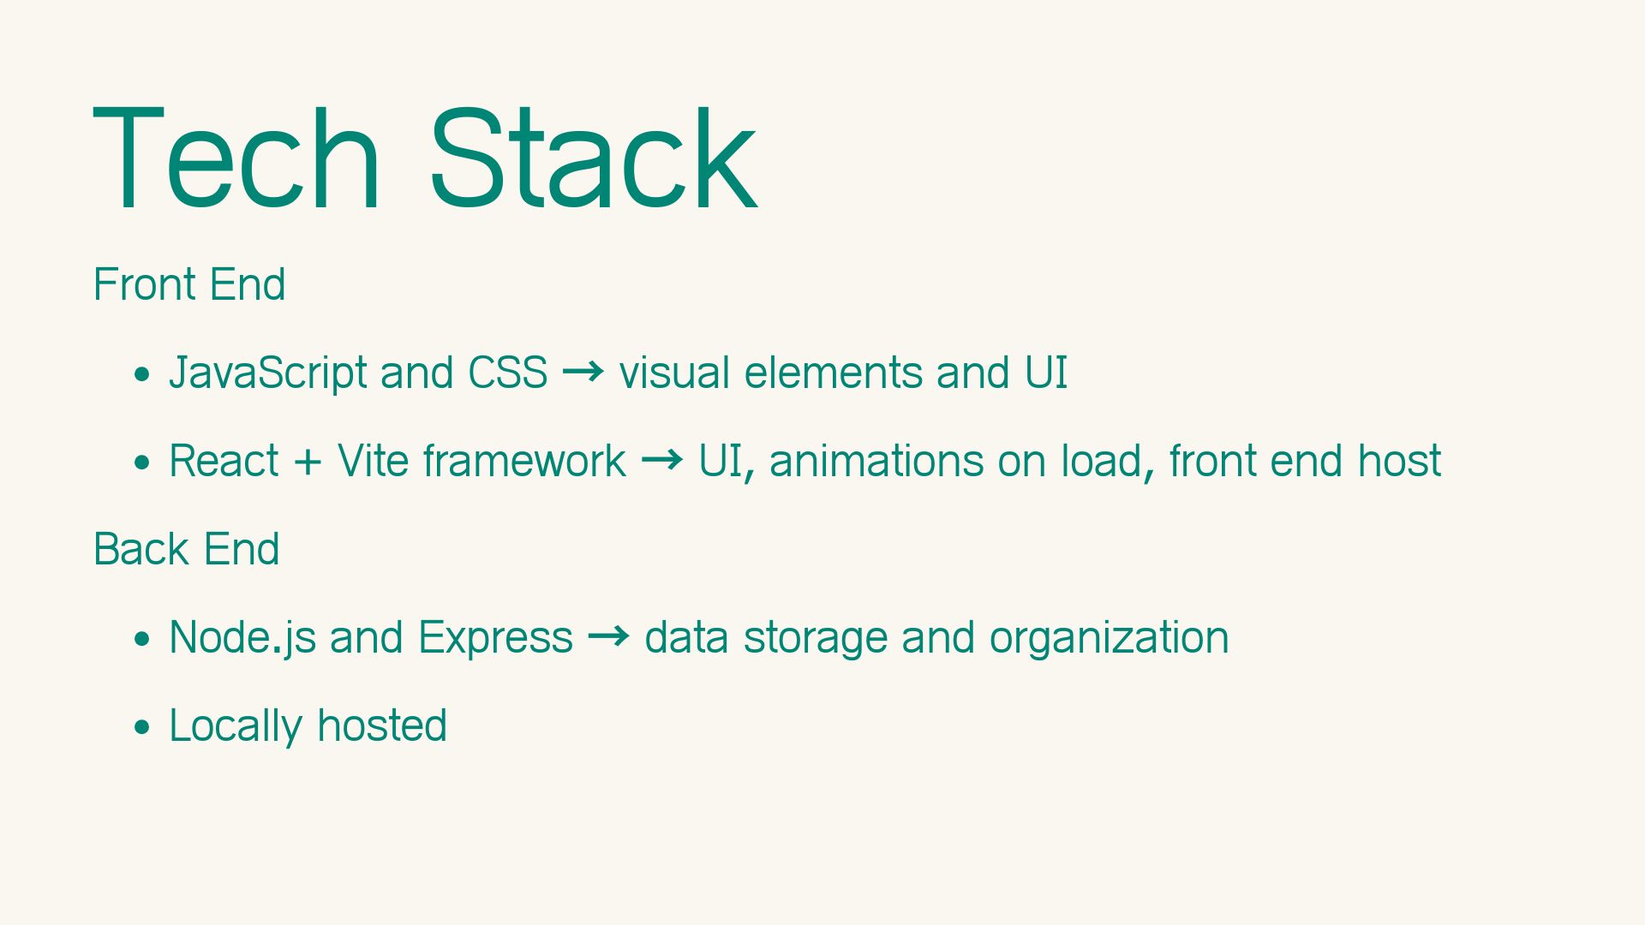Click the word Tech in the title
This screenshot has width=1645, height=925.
236,158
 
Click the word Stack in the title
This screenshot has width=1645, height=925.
593,158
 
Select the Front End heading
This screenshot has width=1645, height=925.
189,284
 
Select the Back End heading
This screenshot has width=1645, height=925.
187,549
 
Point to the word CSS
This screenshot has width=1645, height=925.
507,373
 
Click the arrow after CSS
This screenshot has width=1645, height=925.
583,372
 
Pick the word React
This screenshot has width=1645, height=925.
224,461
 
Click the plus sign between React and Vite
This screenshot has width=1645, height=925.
308,462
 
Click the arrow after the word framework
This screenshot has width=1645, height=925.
662,460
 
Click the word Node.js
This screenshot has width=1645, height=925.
242,639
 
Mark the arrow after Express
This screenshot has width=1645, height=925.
609,636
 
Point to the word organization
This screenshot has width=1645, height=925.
1110,639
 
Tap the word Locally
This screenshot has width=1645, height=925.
236,727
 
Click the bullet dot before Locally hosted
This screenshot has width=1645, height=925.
142,728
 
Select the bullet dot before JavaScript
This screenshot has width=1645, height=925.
142,375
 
